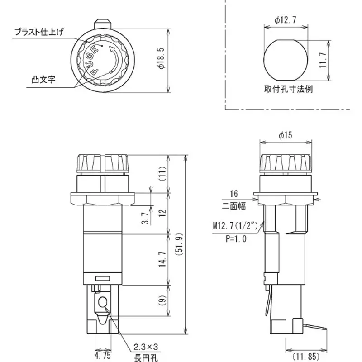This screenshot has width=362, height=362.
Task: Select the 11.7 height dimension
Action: [322, 59]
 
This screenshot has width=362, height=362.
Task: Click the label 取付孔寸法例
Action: [288, 89]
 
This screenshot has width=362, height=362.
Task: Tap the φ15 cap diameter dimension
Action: [286, 135]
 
